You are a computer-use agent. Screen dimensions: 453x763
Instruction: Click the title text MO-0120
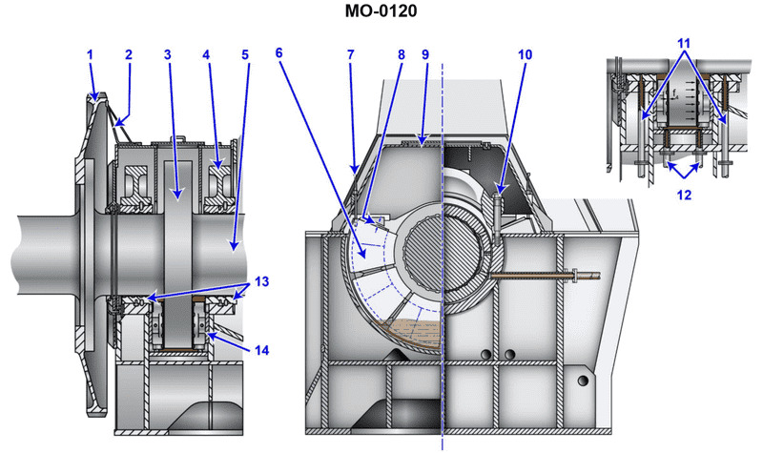381,12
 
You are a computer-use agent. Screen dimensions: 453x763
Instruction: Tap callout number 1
92,55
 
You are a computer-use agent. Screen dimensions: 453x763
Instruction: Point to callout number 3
167,55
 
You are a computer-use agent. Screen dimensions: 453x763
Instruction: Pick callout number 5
245,55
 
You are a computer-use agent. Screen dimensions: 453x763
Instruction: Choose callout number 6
278,55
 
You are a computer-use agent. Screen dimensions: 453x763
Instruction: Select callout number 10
525,55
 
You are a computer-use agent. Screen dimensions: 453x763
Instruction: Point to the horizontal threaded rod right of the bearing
544,278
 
